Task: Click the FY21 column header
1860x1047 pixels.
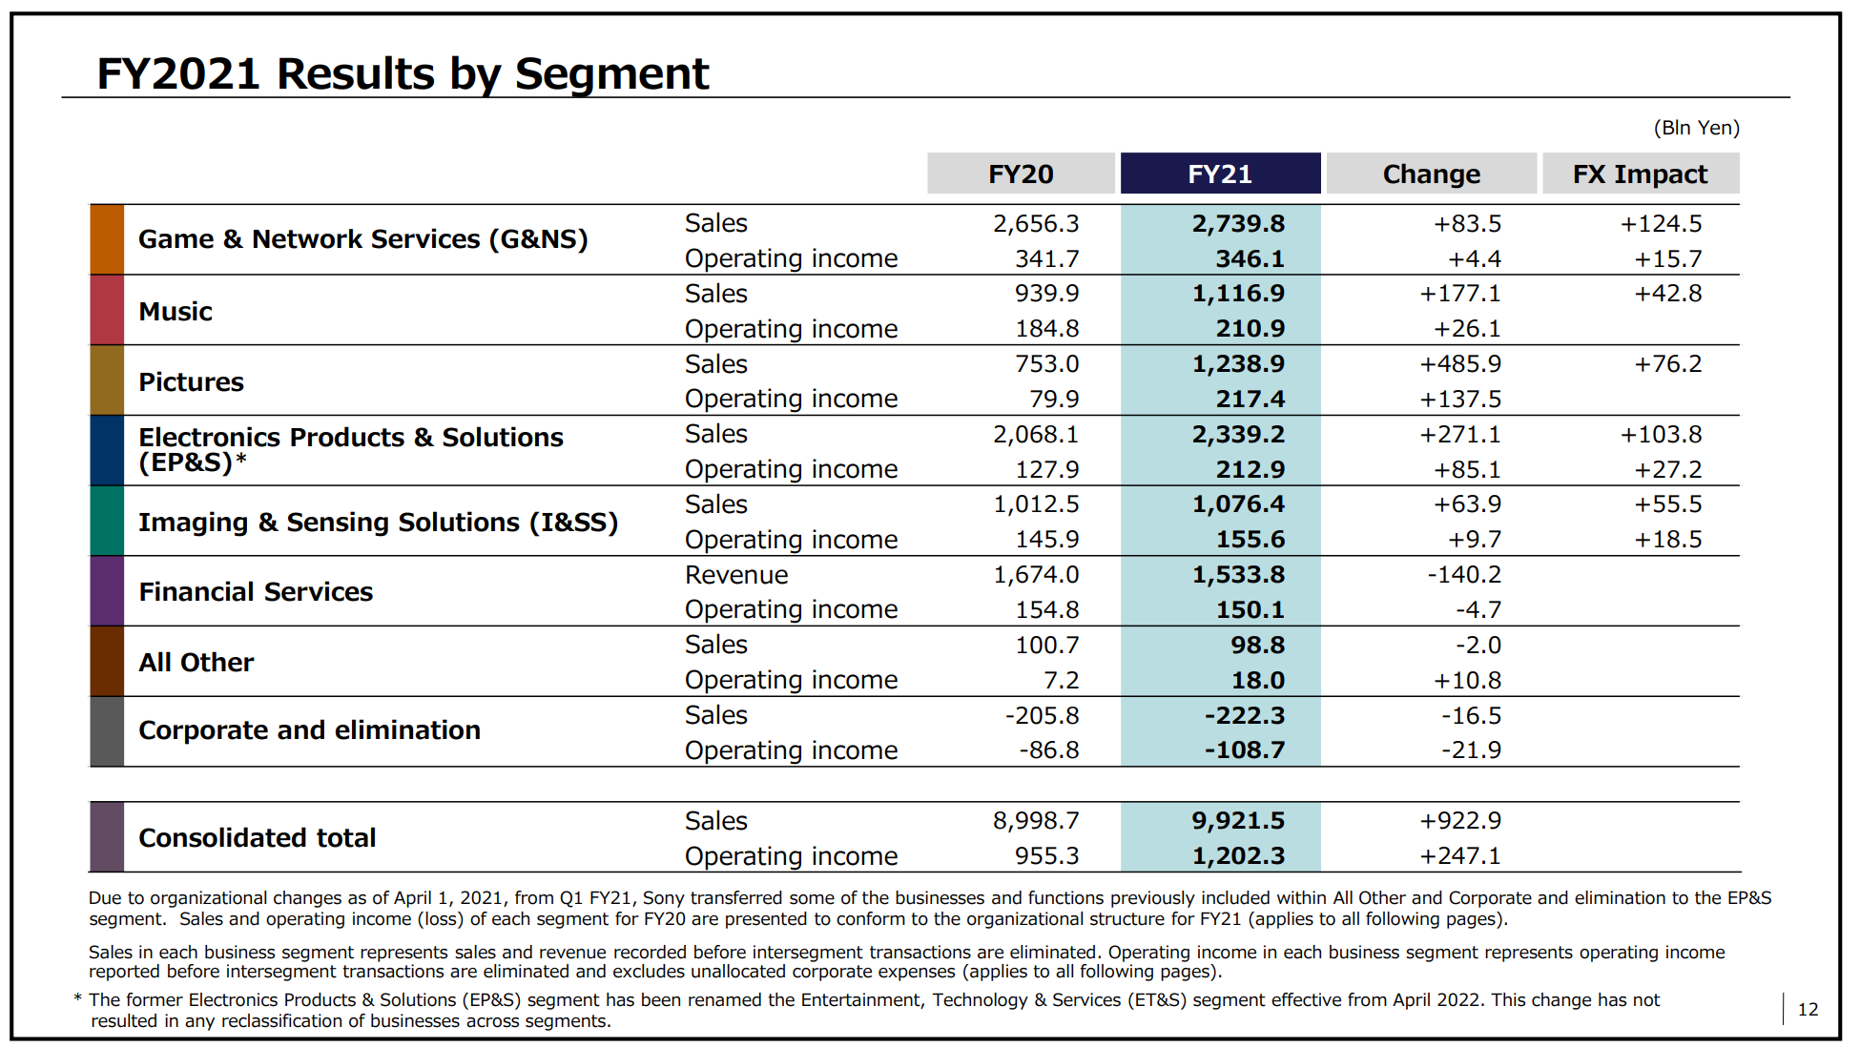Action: [x=1220, y=174]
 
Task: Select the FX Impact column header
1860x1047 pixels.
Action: [x=1640, y=174]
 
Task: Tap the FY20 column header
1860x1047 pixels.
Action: [x=1021, y=174]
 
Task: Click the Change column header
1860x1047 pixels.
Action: [x=1431, y=174]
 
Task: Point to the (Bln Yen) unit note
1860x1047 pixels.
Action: [x=1696, y=128]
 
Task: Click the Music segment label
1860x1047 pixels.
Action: [x=176, y=312]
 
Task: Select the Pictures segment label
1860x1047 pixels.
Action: [x=192, y=382]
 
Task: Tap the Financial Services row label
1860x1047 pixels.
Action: [x=256, y=592]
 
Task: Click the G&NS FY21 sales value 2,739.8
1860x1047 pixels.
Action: [x=1238, y=223]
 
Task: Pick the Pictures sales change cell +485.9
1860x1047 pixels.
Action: [x=1460, y=363]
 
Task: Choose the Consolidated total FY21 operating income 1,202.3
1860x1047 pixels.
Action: [x=1238, y=855]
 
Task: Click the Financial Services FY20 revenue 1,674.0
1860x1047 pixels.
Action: [x=1036, y=574]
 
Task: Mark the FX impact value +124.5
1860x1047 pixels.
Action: [x=1661, y=223]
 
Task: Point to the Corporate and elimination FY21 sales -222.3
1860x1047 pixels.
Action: [x=1245, y=715]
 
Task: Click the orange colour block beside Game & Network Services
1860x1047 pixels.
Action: [x=107, y=239]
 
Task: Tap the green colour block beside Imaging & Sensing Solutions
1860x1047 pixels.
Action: [x=107, y=521]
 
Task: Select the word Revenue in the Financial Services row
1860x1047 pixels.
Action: [x=736, y=575]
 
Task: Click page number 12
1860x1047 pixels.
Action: [x=1808, y=1010]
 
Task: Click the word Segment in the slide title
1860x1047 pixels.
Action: [x=611, y=74]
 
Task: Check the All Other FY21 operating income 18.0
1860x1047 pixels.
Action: [x=1257, y=680]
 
